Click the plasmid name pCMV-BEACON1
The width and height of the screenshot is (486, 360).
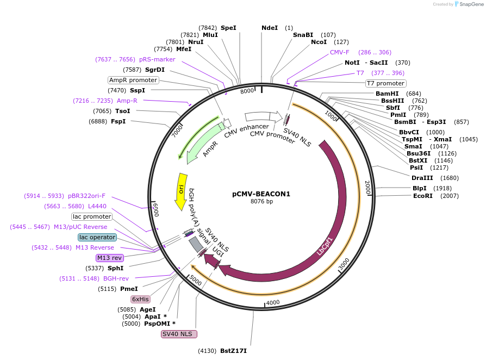[261, 194]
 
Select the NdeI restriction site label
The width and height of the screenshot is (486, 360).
[269, 28]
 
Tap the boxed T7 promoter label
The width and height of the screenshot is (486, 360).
[385, 83]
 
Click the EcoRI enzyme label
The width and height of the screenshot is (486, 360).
[422, 196]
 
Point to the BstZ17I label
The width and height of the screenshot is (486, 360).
[233, 351]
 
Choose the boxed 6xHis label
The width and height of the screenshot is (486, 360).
[140, 299]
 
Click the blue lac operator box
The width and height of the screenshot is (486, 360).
[97, 237]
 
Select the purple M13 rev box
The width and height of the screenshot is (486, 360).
[110, 258]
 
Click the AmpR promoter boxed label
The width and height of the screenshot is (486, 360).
[133, 80]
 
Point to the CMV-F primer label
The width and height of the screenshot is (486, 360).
[340, 52]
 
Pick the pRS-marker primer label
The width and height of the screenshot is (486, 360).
[157, 59]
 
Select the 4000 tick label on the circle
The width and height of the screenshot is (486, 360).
[272, 302]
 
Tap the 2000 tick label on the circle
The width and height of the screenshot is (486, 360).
[367, 187]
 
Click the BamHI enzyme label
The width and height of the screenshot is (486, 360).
[387, 94]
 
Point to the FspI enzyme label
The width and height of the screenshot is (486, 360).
[118, 121]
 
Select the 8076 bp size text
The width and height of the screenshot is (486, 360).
[261, 201]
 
